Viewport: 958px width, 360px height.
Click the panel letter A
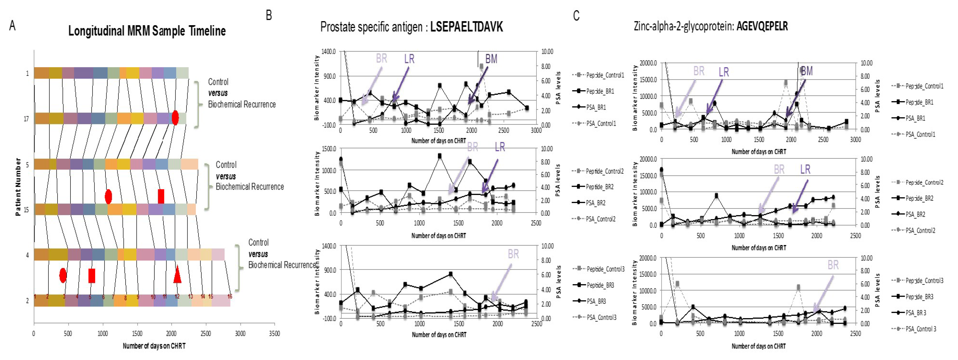[x=12, y=26]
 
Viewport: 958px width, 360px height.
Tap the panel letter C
[x=576, y=16]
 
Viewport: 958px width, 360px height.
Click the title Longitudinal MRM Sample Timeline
[x=147, y=31]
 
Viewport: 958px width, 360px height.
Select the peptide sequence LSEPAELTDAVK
[x=466, y=27]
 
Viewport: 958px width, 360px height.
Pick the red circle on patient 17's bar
[x=175, y=118]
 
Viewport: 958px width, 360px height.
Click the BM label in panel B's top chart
[x=491, y=59]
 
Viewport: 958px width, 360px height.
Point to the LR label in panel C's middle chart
[x=805, y=170]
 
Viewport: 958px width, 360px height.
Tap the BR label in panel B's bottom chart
[x=513, y=254]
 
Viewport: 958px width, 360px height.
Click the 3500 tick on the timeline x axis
[x=274, y=334]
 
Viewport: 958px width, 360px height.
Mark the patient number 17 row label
[x=26, y=119]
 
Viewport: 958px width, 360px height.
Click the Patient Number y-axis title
[x=18, y=187]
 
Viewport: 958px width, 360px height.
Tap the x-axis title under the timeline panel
[x=154, y=346]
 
